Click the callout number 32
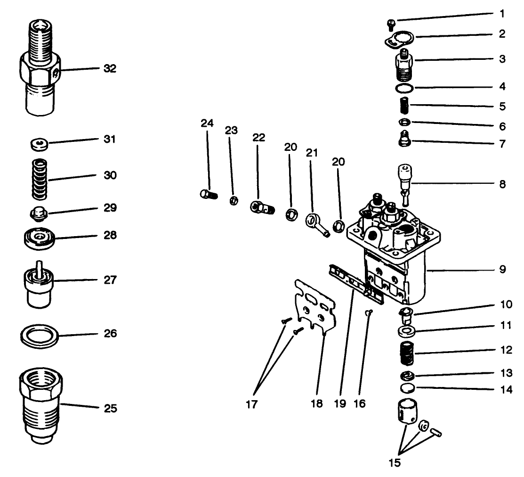[x=110, y=69]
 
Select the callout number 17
[x=252, y=404]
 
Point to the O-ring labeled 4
[x=403, y=88]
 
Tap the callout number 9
[x=502, y=270]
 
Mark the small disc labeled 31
[x=37, y=144]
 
